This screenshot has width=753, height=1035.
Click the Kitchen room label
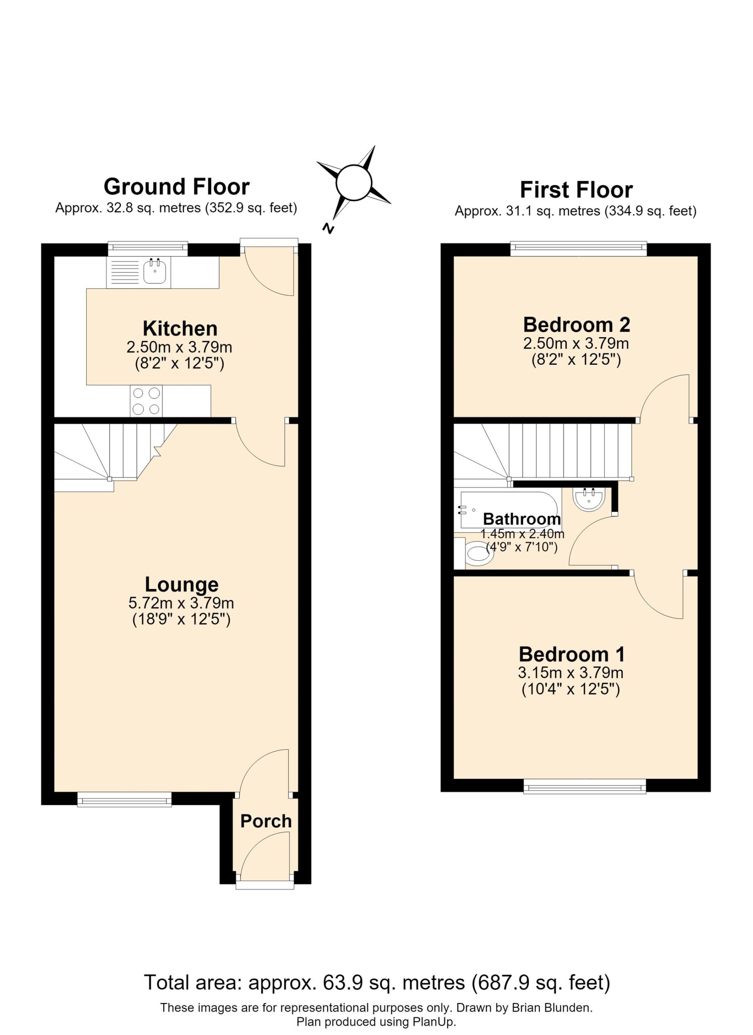tap(180, 329)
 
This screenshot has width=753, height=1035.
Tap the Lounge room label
tap(182, 585)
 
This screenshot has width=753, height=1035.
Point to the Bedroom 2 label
tap(576, 325)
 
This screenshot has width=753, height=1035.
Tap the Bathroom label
tap(522, 519)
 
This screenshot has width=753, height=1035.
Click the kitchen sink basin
tap(155, 272)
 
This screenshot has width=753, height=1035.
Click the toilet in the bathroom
tap(476, 553)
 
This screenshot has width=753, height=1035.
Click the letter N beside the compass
tap(328, 229)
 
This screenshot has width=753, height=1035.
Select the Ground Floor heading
tap(177, 187)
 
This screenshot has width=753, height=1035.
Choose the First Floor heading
tap(576, 190)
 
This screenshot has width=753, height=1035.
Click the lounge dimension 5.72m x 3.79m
tap(181, 603)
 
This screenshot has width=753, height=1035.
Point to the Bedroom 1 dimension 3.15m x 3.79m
tap(571, 673)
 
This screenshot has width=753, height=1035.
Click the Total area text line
tap(377, 982)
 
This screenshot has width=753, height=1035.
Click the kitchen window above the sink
tap(148, 248)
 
